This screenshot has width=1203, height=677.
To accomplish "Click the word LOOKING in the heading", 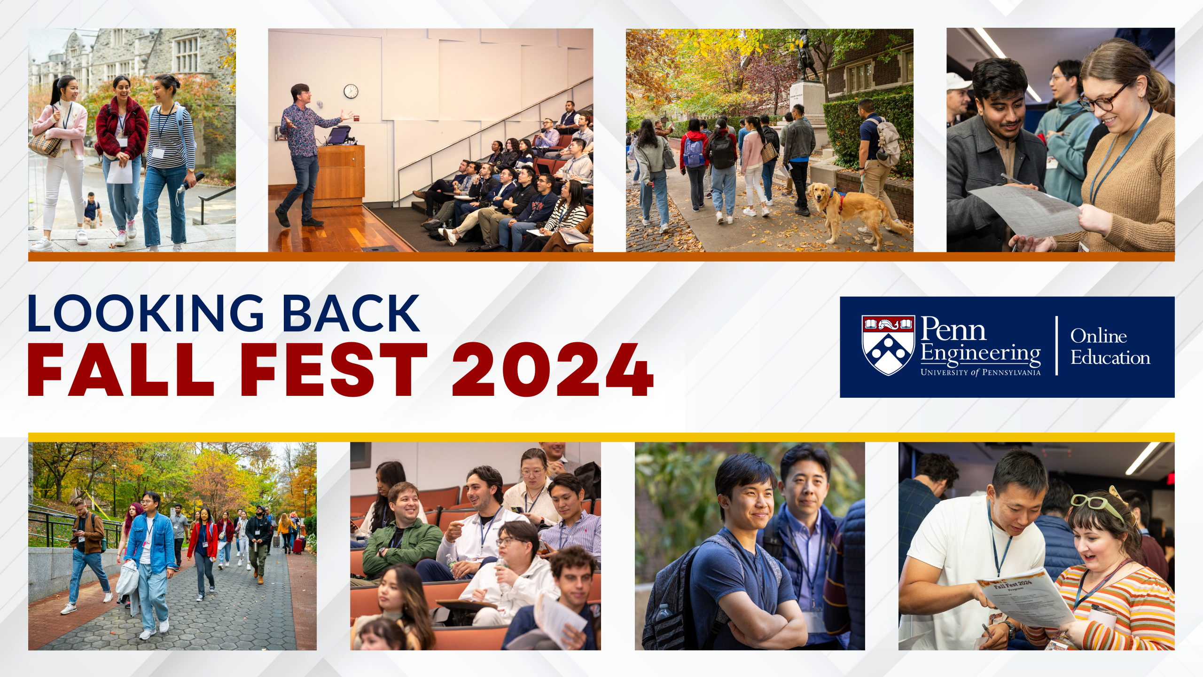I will coord(146,314).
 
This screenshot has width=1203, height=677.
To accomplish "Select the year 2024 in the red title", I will coord(552,370).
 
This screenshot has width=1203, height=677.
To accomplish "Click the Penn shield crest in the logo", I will coord(888,345).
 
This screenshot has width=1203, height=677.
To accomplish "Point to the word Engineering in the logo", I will coord(980,354).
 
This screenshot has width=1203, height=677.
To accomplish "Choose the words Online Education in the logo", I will coord(1110,346).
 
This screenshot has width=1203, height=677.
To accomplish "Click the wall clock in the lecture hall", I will coord(351,91).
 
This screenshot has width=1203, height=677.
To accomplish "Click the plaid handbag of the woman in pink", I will coord(46,143).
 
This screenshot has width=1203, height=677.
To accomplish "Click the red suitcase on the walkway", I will coord(298,545).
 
